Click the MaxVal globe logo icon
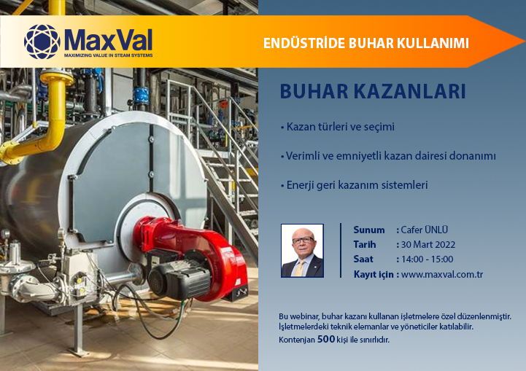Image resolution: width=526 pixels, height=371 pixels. [x=42, y=42]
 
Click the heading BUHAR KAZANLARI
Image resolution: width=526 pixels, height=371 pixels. [x=373, y=93]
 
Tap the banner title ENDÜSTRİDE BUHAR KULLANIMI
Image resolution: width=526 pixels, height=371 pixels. [x=366, y=44]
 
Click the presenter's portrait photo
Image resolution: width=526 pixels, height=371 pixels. [x=302, y=250]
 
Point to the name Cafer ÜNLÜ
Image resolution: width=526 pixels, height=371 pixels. [x=425, y=230]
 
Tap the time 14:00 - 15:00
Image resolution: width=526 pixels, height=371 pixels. [x=427, y=259]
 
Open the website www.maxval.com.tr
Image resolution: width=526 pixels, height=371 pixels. [x=442, y=275]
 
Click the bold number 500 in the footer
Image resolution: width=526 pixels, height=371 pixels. [x=326, y=340]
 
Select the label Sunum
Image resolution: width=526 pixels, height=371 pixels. [x=369, y=230]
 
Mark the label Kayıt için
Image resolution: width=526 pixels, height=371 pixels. [x=376, y=275]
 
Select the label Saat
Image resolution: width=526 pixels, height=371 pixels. [x=363, y=259]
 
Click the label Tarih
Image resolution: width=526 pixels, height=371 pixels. [x=365, y=245]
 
